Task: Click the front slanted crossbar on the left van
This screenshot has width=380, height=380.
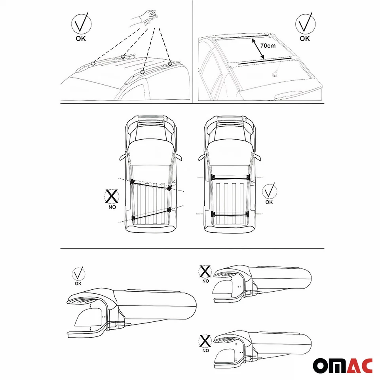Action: (x=150, y=184)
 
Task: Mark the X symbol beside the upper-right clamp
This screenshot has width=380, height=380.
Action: (x=205, y=272)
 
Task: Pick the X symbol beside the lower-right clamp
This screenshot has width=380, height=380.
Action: (x=205, y=340)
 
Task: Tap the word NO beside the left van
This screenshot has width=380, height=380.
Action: (x=112, y=207)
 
